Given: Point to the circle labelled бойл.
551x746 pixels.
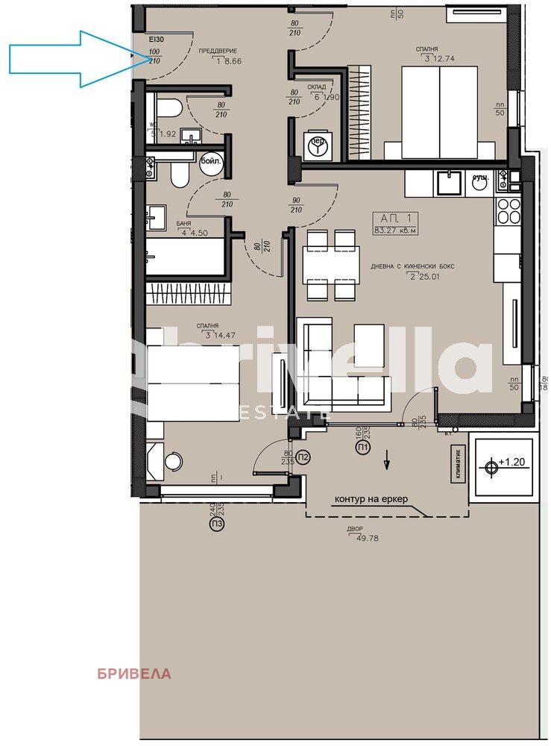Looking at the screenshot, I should pyautogui.click(x=211, y=162).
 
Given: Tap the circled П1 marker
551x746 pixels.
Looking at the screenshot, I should pyautogui.click(x=363, y=447).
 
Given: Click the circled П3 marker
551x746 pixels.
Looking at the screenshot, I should pyautogui.click(x=216, y=524).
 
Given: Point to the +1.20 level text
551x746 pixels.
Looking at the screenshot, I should pyautogui.click(x=514, y=463).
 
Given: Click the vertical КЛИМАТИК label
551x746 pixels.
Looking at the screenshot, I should pyautogui.click(x=459, y=463).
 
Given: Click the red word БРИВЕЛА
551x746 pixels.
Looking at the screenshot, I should pyautogui.click(x=134, y=674).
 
